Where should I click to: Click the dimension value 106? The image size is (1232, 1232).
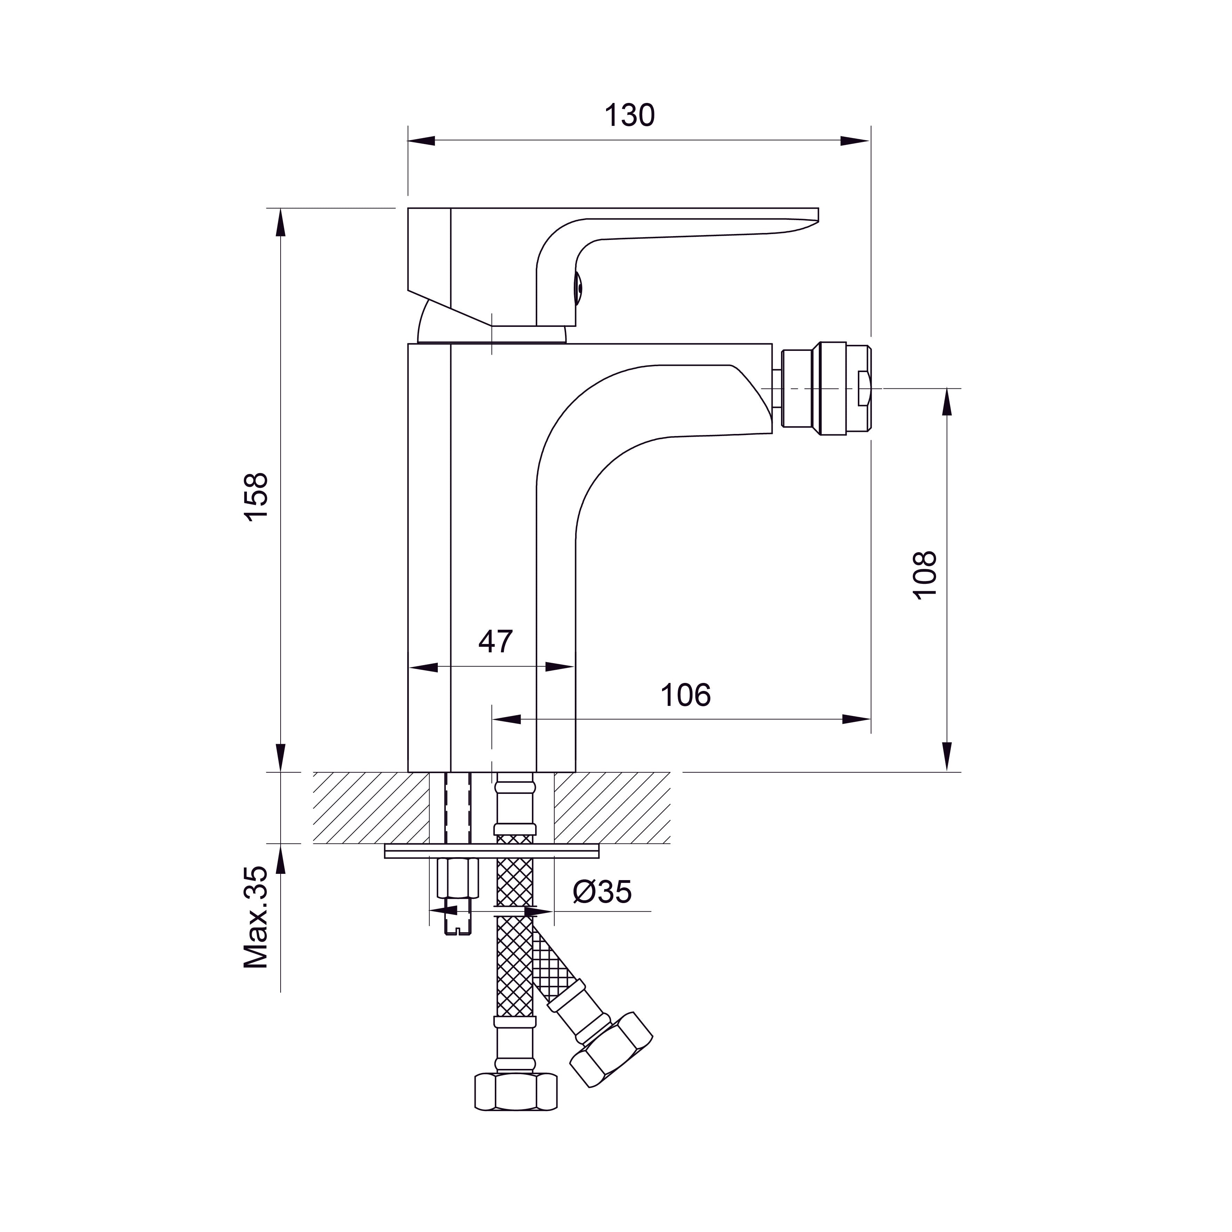(x=685, y=695)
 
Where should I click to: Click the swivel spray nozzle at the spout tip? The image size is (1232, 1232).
(x=827, y=388)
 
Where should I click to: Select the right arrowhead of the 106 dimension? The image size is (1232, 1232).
(x=856, y=719)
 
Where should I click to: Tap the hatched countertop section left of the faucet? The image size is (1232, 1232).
(x=370, y=808)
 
